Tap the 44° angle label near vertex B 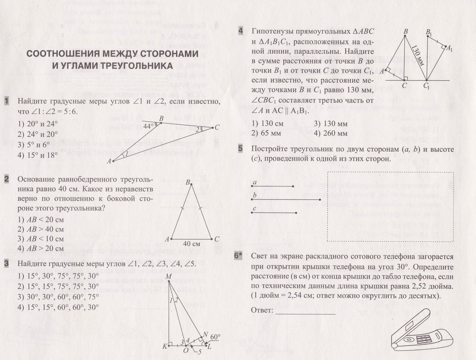[x=148, y=126]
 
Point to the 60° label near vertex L [x=215, y=337]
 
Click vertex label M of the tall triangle [x=169, y=276]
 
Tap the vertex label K [x=165, y=346]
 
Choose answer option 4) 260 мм [x=330, y=133]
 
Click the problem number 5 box [x=240, y=149]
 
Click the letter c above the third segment [x=254, y=209]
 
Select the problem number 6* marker [x=239, y=257]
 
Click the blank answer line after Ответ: [x=305, y=313]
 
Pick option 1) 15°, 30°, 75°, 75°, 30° [x=58, y=276]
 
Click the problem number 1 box [x=7, y=101]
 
